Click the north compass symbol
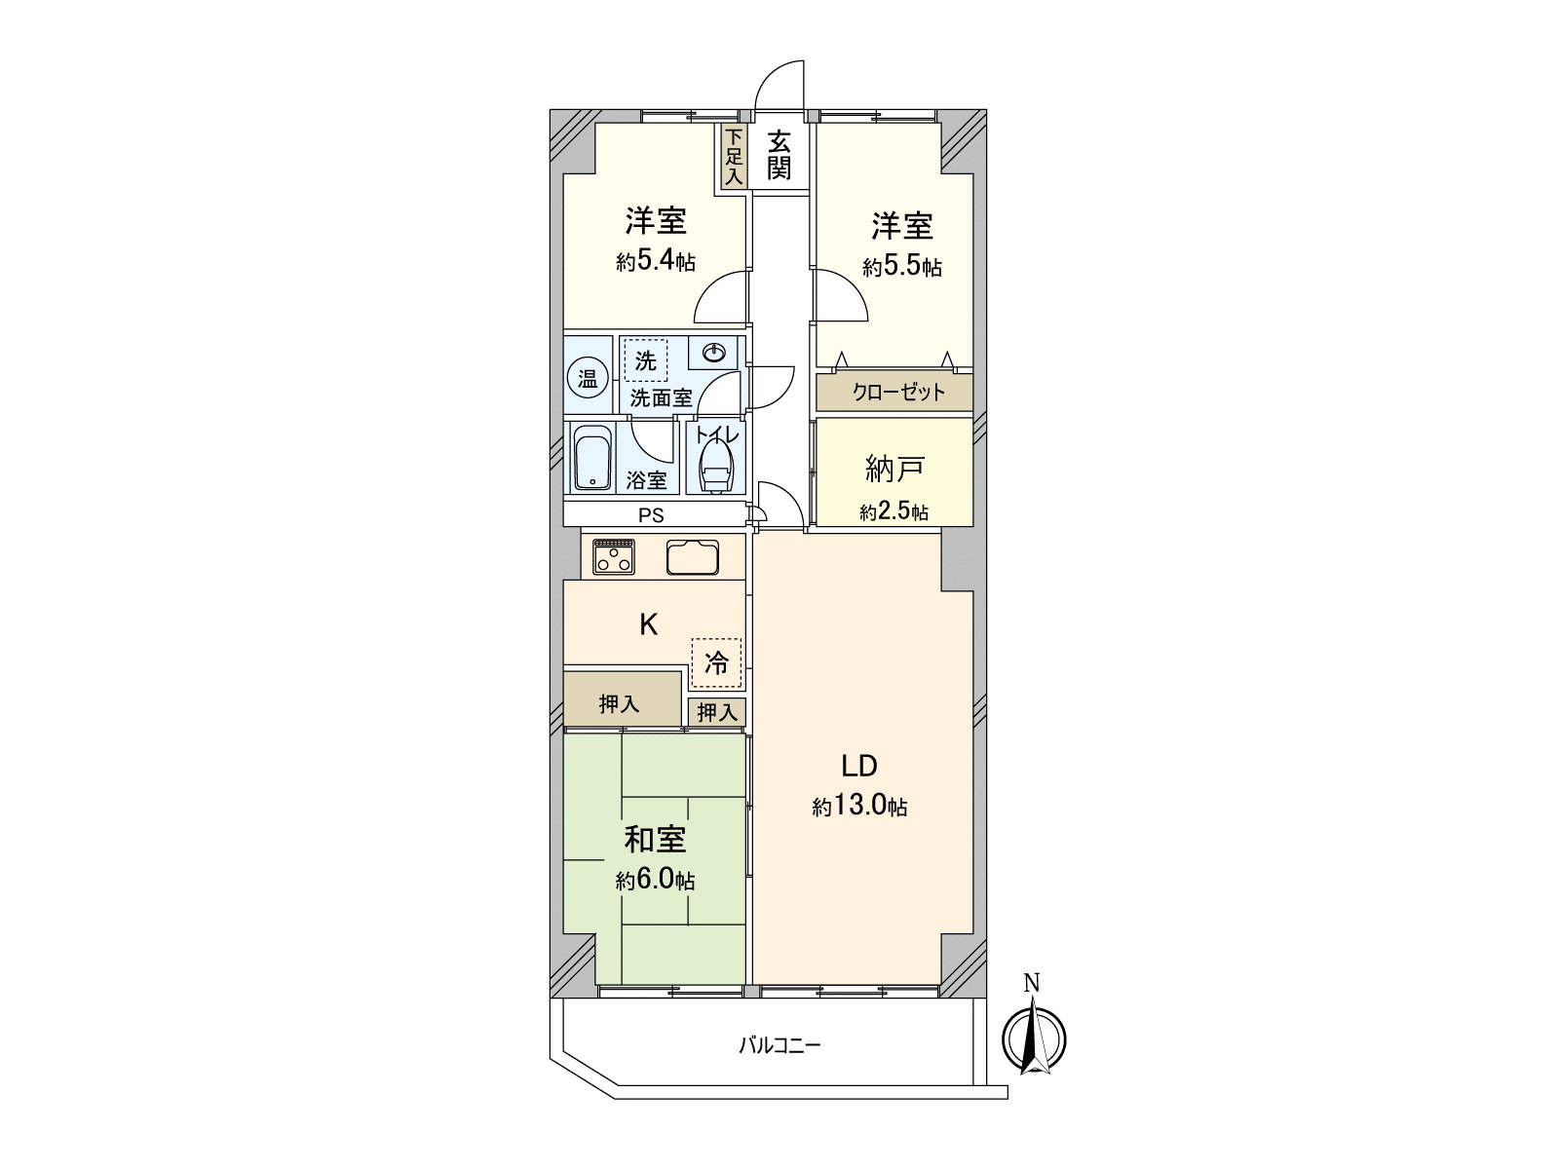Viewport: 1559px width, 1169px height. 1035,1036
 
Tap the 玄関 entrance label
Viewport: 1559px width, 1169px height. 778,156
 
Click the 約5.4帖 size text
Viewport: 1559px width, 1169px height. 655,262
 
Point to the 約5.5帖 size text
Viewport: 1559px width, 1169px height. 901,267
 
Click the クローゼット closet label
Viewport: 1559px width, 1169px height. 897,393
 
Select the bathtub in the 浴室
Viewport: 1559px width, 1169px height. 591,459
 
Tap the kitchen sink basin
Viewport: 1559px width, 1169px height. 693,556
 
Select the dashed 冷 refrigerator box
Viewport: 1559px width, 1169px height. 716,664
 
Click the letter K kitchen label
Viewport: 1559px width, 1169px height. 648,624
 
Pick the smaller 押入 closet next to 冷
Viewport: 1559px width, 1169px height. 717,713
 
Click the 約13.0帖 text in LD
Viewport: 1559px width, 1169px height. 860,807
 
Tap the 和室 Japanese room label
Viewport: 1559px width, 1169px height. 655,840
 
